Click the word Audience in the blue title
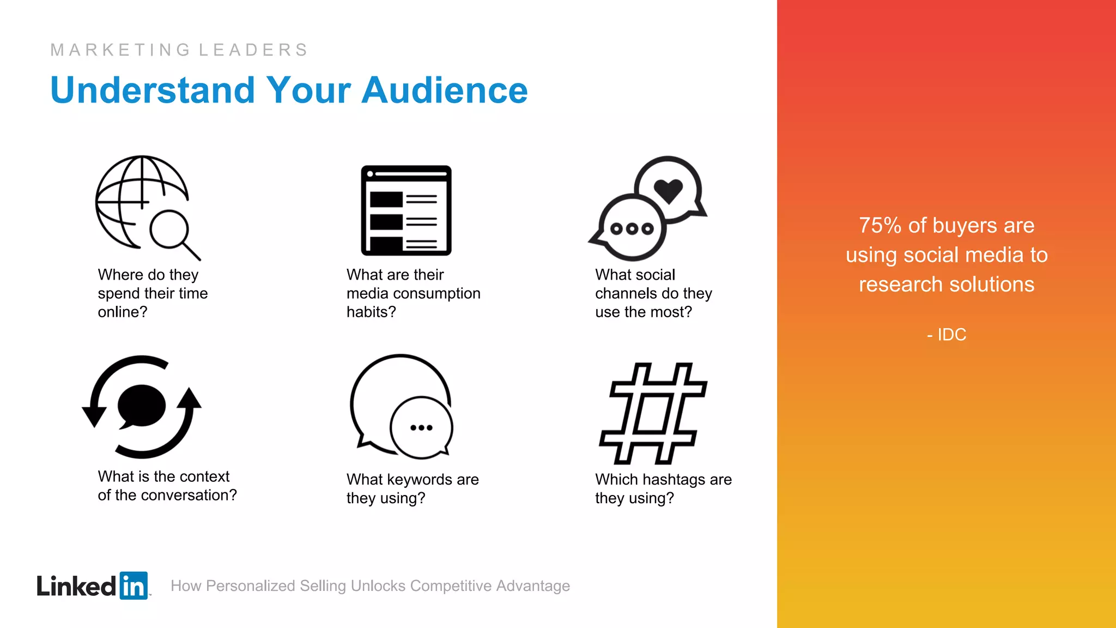[444, 90]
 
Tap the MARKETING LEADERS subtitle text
[179, 50]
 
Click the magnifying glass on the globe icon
[171, 230]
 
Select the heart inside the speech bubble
[668, 190]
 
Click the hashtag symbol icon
[653, 413]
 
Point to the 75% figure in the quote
[880, 226]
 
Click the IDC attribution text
[951, 335]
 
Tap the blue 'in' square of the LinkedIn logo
[134, 586]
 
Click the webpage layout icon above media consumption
[407, 210]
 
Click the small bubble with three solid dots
[421, 428]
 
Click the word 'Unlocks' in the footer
[378, 586]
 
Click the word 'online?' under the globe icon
[123, 312]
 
